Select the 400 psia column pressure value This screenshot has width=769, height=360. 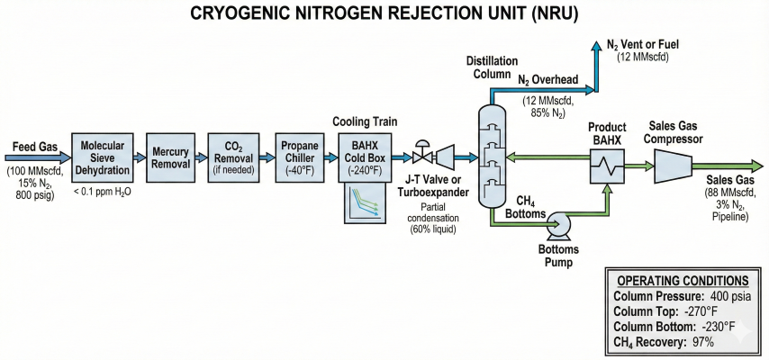pos(726,297)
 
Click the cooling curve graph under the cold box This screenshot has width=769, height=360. pos(365,202)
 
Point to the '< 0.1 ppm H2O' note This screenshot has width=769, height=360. pos(101,192)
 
